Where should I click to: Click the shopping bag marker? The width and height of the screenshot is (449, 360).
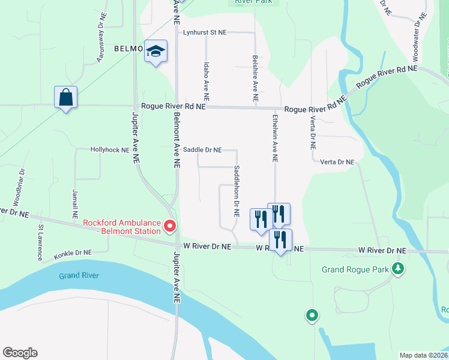click(x=65, y=97)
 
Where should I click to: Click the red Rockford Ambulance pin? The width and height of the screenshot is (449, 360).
click(x=169, y=226)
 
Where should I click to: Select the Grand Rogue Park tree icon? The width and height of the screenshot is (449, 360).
click(x=396, y=268)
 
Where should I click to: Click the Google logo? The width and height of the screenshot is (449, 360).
click(x=20, y=352)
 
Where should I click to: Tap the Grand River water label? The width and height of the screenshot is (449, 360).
click(x=79, y=276)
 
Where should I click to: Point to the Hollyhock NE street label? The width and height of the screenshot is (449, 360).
click(x=110, y=150)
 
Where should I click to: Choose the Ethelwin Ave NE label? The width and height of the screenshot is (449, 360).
click(x=275, y=139)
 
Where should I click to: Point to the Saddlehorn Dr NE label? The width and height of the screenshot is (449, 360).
click(x=237, y=191)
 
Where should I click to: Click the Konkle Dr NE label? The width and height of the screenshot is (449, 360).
click(x=72, y=253)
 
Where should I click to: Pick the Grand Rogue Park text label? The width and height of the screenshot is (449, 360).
click(x=355, y=269)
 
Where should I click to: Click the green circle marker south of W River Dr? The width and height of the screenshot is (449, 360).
click(x=312, y=314)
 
